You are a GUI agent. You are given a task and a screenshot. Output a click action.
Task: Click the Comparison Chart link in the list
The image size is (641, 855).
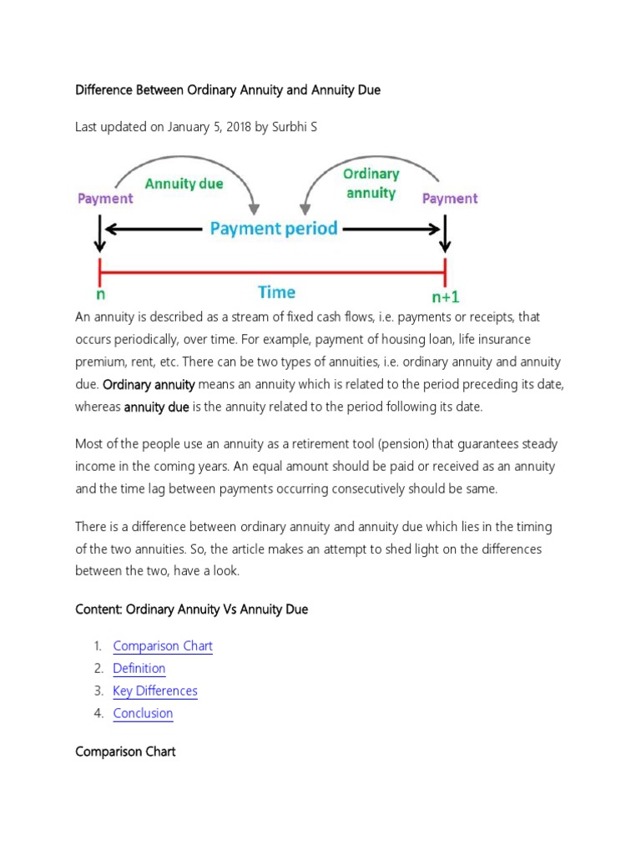[163, 646]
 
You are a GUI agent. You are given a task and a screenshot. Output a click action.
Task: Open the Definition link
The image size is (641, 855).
[139, 669]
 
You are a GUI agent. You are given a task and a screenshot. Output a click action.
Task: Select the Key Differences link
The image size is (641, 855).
[155, 691]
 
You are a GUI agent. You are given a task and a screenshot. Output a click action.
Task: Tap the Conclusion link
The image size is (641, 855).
[143, 714]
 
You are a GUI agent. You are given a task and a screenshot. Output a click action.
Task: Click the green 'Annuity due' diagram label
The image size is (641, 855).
[184, 183]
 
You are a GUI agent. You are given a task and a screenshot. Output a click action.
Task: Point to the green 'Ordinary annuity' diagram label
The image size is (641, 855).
[371, 184]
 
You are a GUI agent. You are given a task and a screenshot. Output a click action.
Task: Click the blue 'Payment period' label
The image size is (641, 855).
[274, 229]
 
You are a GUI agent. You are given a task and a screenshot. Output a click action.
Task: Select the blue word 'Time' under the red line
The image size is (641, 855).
[276, 292]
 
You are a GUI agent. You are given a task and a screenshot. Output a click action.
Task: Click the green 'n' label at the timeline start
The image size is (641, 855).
[100, 295]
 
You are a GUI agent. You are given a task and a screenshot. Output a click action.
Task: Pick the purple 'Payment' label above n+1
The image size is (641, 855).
[450, 199]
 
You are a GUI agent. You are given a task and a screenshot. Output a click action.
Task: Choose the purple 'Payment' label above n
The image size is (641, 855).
[105, 199]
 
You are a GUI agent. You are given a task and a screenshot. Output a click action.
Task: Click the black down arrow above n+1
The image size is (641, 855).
[445, 235]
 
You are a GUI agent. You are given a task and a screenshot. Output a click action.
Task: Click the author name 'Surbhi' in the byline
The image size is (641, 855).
[286, 128]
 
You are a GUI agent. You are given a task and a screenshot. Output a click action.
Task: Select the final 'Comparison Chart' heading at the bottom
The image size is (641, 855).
[125, 752]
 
